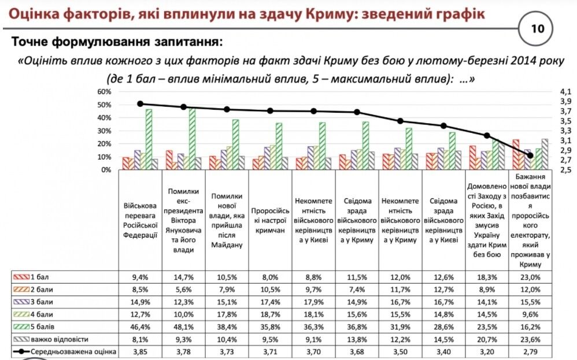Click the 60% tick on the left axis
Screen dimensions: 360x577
[x=103, y=92]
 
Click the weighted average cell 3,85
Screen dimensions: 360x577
[x=140, y=351]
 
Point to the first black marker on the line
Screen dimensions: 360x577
[x=140, y=104]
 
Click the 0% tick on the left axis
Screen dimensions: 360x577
[x=106, y=170]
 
